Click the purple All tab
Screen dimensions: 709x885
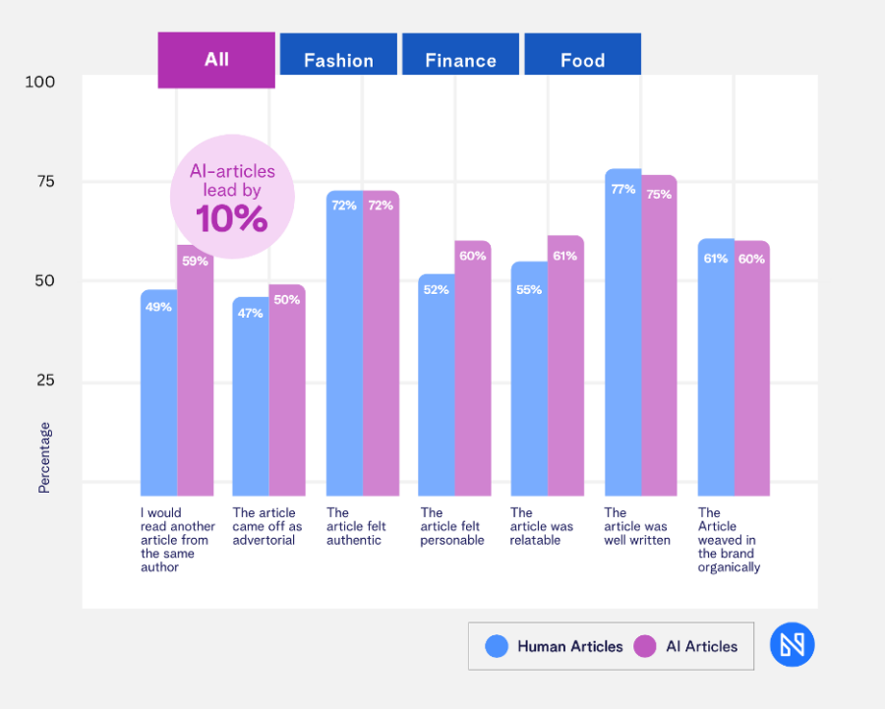click(x=216, y=60)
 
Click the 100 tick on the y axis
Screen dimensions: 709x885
click(x=40, y=82)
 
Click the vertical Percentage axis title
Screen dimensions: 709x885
click(x=44, y=457)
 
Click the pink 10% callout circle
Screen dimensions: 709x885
click(x=232, y=197)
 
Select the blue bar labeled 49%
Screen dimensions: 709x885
click(x=158, y=393)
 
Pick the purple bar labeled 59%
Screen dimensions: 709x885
click(x=196, y=374)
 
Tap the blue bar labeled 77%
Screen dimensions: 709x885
click(x=622, y=334)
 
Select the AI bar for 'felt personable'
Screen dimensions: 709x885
click(x=473, y=369)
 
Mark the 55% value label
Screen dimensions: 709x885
click(x=529, y=289)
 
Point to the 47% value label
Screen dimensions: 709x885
click(x=250, y=314)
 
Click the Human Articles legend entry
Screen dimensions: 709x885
click(x=556, y=646)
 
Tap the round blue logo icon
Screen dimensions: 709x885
click(x=792, y=645)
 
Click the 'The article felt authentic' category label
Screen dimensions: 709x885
click(x=356, y=526)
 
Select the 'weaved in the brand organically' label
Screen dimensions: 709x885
click(x=729, y=540)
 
